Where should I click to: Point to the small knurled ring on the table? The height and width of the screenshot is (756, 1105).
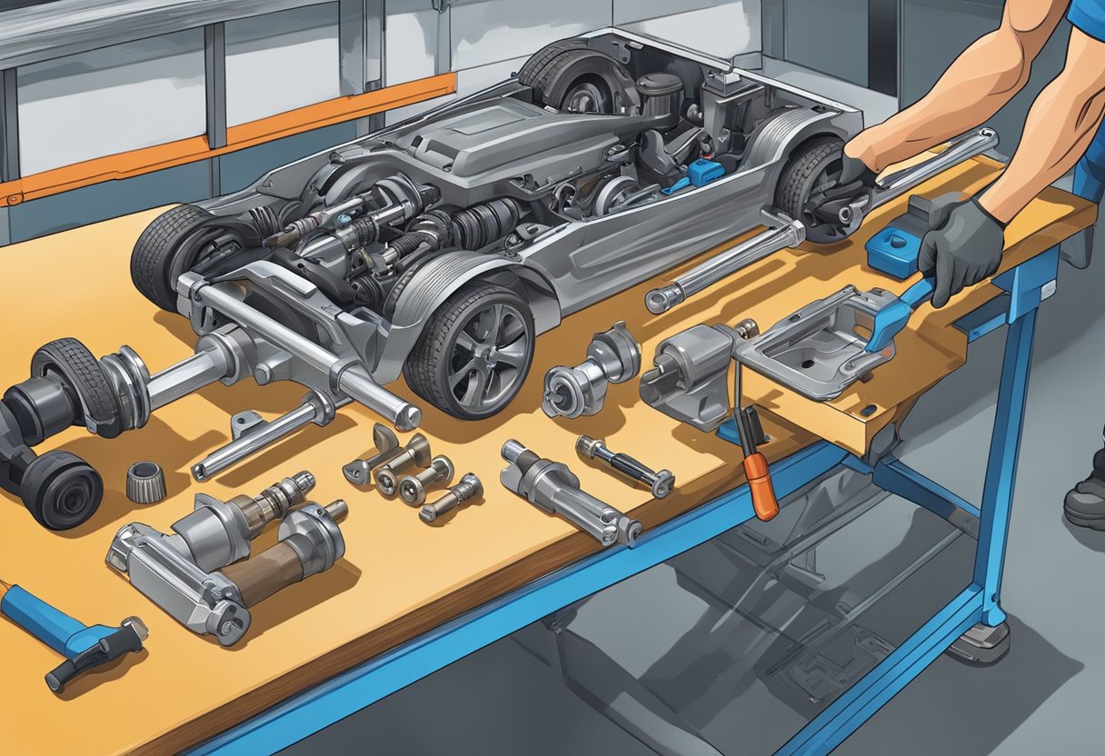[144, 482]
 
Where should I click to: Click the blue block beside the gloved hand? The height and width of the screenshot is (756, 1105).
[890, 250]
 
